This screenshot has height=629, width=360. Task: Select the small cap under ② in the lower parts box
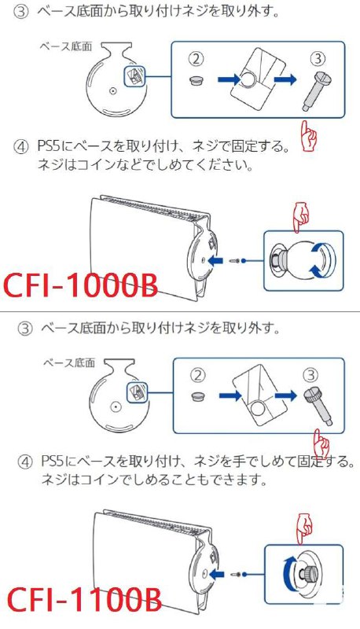(198, 395)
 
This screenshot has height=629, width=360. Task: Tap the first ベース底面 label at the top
(66, 46)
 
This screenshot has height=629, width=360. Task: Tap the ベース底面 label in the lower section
(68, 362)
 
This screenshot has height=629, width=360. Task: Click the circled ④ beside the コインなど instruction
(21, 147)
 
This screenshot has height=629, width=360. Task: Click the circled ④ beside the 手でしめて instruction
(21, 459)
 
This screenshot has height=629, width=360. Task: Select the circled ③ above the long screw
(317, 58)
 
